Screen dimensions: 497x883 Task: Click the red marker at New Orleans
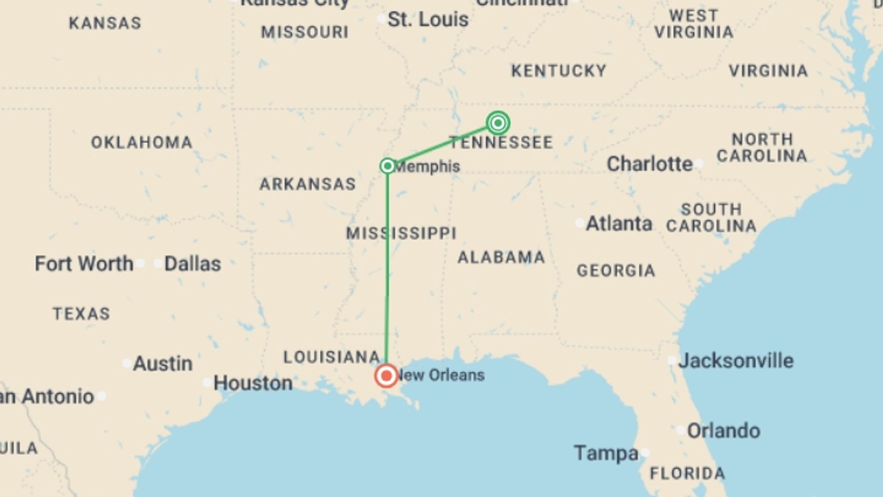click(x=386, y=376)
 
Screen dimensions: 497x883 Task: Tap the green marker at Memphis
click(x=388, y=166)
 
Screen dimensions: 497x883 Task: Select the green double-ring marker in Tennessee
click(x=498, y=123)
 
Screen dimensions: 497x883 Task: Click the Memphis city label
click(x=428, y=167)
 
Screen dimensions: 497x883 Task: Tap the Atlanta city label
click(x=619, y=224)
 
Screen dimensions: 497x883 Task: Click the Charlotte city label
click(x=649, y=164)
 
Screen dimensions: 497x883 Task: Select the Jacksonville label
click(x=736, y=361)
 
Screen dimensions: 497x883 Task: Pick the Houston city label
click(x=253, y=383)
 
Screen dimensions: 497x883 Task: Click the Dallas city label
click(x=193, y=264)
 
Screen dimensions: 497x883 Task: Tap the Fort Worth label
click(x=84, y=264)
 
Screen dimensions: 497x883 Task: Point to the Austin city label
click(x=162, y=364)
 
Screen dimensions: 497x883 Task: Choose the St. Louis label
click(x=428, y=20)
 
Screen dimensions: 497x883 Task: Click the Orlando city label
click(x=723, y=431)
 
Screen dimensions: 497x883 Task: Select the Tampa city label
click(x=606, y=453)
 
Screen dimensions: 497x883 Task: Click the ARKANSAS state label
click(x=308, y=184)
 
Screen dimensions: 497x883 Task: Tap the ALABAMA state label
click(x=501, y=257)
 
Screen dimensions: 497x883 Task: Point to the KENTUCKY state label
click(x=559, y=71)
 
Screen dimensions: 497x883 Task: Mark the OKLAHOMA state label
click(x=142, y=143)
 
